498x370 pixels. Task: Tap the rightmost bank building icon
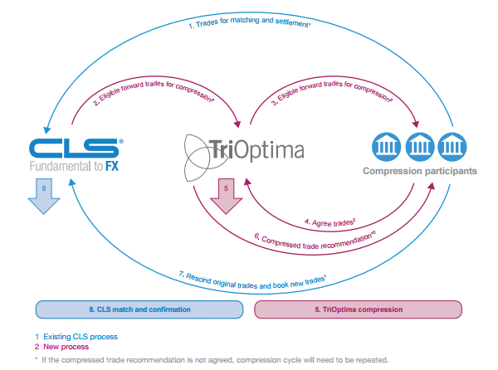455,145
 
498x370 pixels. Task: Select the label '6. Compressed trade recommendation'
316,241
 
